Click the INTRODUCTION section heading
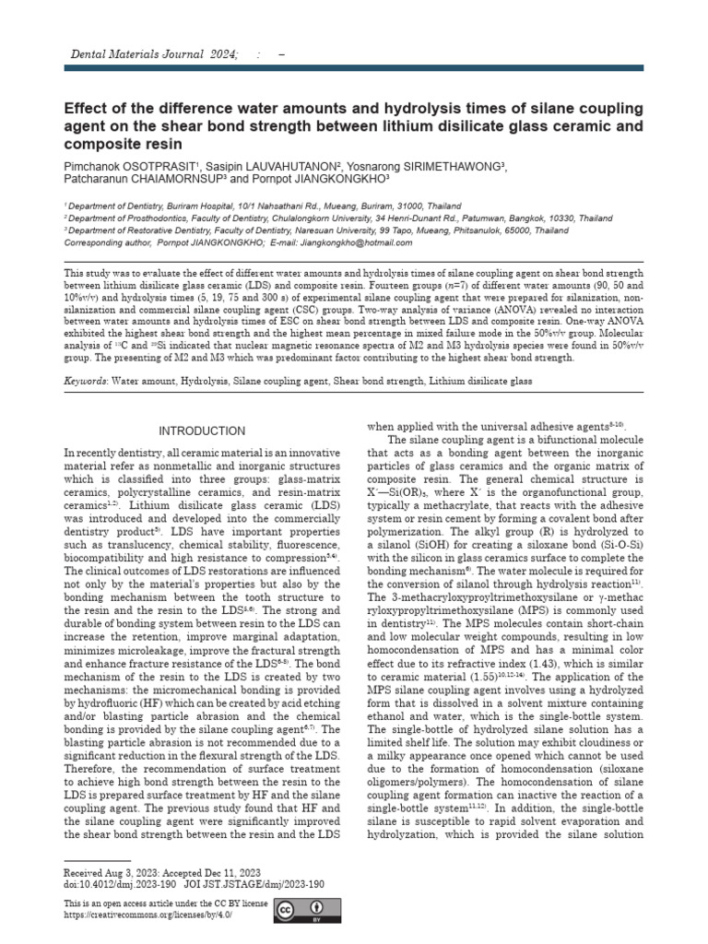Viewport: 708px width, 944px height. tap(202, 431)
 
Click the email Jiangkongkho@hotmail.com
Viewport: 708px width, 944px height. tap(353, 242)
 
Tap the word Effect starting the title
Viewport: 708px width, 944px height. tap(86, 108)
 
